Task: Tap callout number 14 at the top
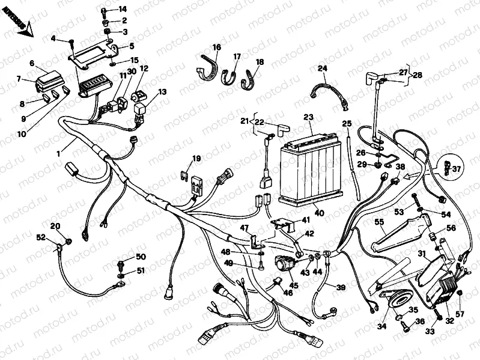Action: tap(123, 9)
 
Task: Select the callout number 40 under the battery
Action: tap(318, 213)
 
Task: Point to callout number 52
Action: tap(41, 238)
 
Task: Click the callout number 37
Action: tap(457, 169)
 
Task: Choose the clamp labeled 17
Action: tap(229, 78)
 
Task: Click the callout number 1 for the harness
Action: tap(58, 154)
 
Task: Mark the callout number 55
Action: tap(378, 222)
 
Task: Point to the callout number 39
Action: tap(341, 288)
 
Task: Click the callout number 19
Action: tap(196, 159)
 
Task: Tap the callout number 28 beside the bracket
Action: tap(417, 76)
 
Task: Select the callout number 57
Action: tap(460, 314)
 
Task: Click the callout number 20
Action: tap(55, 227)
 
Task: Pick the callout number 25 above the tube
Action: tap(347, 124)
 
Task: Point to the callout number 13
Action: tap(163, 92)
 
